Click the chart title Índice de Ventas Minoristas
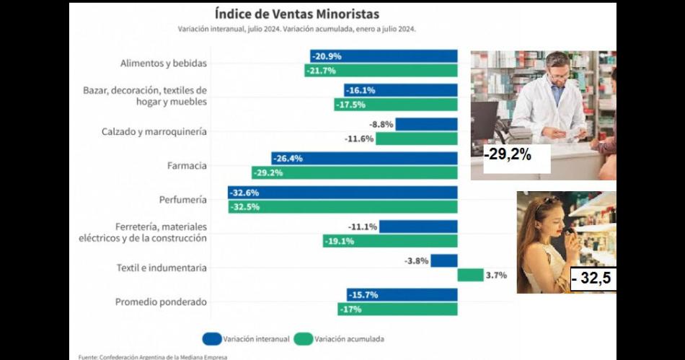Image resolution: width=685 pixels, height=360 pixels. [296, 14]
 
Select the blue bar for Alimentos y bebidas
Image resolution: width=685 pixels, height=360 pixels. [384, 56]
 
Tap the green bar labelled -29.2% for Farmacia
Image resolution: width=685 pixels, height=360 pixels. [354, 173]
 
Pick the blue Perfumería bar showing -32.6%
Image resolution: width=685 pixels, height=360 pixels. [342, 193]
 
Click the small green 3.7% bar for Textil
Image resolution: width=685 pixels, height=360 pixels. [470, 275]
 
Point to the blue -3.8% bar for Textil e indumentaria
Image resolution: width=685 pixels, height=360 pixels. [444, 260]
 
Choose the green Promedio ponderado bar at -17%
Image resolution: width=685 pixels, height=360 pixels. [397, 309]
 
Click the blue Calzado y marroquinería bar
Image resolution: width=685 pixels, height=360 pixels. [426, 124]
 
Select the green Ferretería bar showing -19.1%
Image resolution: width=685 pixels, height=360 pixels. [389, 241]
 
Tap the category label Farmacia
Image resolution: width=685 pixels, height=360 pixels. [187, 166]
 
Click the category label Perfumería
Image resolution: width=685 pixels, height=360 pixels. [182, 200]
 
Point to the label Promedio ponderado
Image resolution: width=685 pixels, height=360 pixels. [161, 302]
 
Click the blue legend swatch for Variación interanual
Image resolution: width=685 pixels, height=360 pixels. [212, 338]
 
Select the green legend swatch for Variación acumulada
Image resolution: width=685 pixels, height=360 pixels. [303, 338]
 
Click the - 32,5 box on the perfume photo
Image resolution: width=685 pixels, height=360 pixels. [593, 279]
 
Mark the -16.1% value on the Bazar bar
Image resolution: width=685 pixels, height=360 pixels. [361, 91]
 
